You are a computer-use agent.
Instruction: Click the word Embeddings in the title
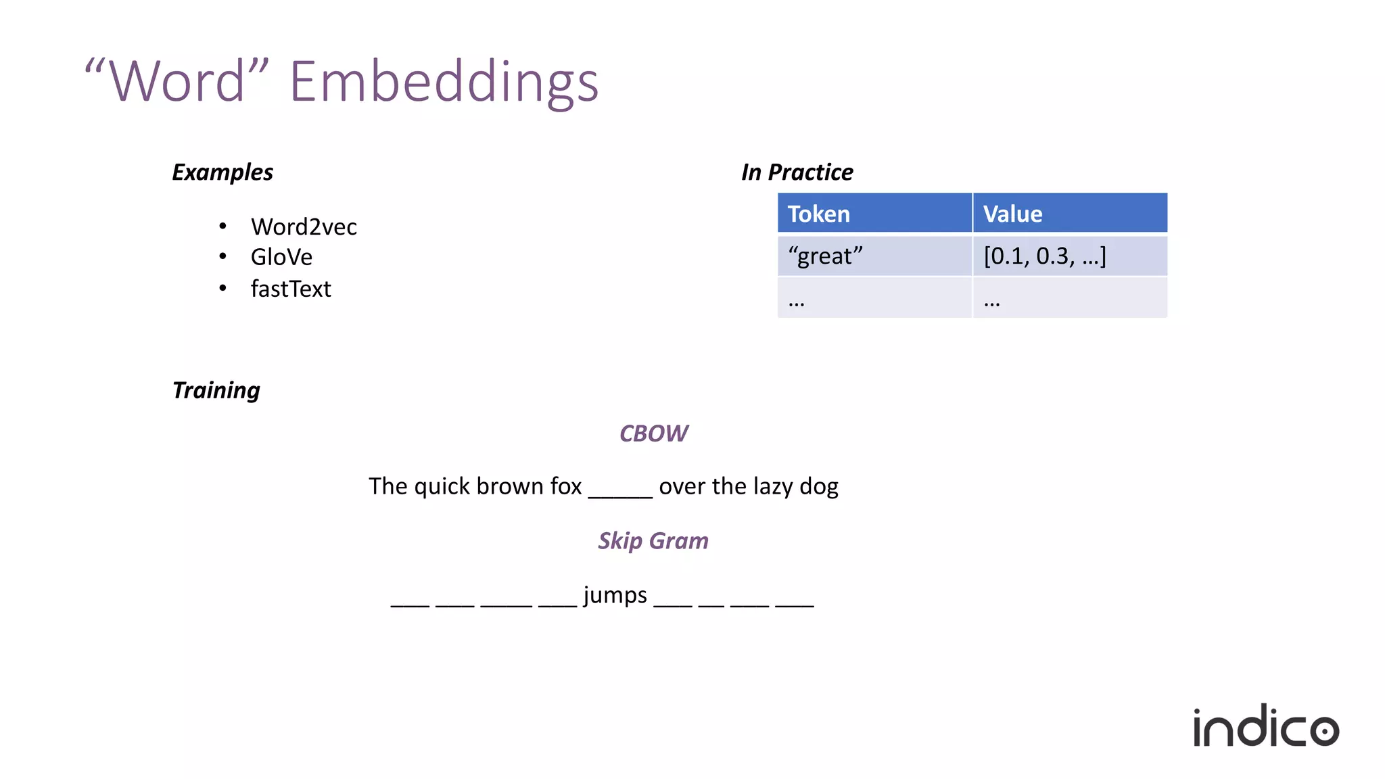[444, 81]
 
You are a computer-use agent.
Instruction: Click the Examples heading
[222, 172]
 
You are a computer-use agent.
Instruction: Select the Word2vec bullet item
[304, 227]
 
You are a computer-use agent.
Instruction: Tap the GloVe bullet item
[281, 257]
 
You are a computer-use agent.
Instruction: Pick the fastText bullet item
[291, 289]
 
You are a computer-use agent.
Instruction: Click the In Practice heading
[797, 172]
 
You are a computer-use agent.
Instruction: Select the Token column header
[819, 214]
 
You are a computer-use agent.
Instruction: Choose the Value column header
[1012, 214]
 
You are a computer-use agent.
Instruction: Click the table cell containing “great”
[825, 256]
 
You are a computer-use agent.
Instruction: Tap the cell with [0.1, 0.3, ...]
[1045, 256]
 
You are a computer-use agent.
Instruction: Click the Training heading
[216, 390]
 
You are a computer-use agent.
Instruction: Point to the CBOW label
[653, 433]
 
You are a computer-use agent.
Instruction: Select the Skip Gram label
[653, 541]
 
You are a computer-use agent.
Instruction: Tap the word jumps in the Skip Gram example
[615, 595]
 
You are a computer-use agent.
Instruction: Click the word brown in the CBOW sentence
[510, 486]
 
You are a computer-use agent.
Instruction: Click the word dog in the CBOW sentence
[819, 486]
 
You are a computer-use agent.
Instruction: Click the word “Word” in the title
[177, 81]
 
